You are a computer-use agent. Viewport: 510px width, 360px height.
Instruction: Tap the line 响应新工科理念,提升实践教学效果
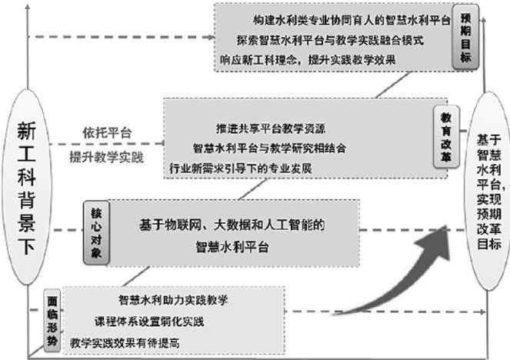pos(317,60)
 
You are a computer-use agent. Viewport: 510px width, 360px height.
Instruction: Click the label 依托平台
pos(106,132)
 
